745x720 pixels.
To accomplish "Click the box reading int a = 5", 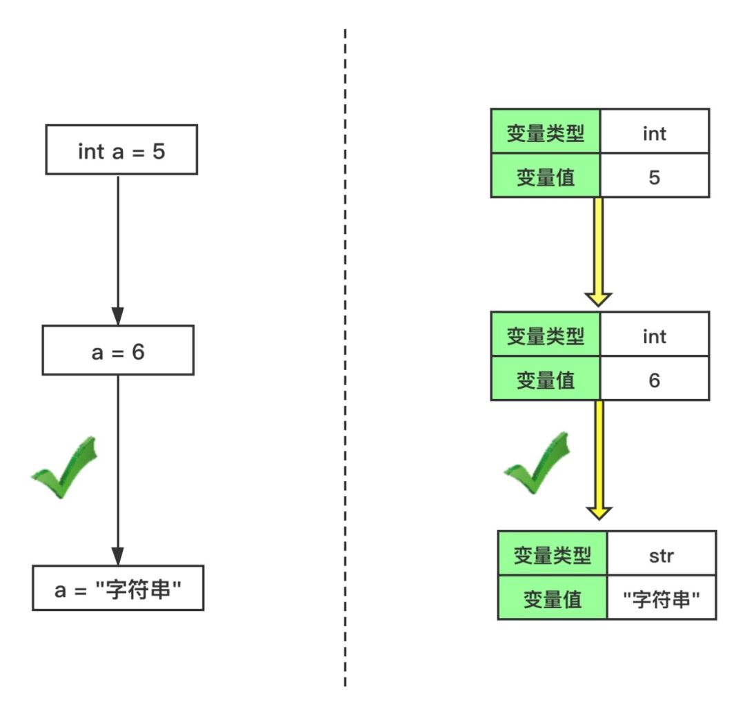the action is point(121,150).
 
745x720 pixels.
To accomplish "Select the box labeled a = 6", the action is point(118,350).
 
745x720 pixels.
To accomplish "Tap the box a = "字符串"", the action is point(118,587).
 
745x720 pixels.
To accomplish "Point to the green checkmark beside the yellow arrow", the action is point(537,464).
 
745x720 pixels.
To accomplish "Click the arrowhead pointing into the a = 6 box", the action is point(118,316).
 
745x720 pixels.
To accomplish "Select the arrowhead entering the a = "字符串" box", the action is point(118,556).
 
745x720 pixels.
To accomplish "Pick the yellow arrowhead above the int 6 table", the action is point(598,300).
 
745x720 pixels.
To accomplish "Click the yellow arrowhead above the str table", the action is point(599,513).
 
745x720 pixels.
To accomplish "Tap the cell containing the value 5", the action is point(655,175).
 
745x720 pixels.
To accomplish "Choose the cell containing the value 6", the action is point(655,378).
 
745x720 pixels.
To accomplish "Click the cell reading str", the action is point(662,553).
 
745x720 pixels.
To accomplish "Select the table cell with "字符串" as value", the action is point(662,597).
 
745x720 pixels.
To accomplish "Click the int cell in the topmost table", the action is point(655,130).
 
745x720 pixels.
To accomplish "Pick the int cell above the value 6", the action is point(655,334).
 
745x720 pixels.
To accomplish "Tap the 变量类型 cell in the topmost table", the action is point(546,130).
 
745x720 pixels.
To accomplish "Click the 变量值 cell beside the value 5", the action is point(546,175).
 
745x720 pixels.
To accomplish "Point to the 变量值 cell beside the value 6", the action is point(546,378).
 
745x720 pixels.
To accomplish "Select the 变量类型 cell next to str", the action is point(553,553).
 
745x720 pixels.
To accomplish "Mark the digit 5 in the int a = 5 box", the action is point(159,152).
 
